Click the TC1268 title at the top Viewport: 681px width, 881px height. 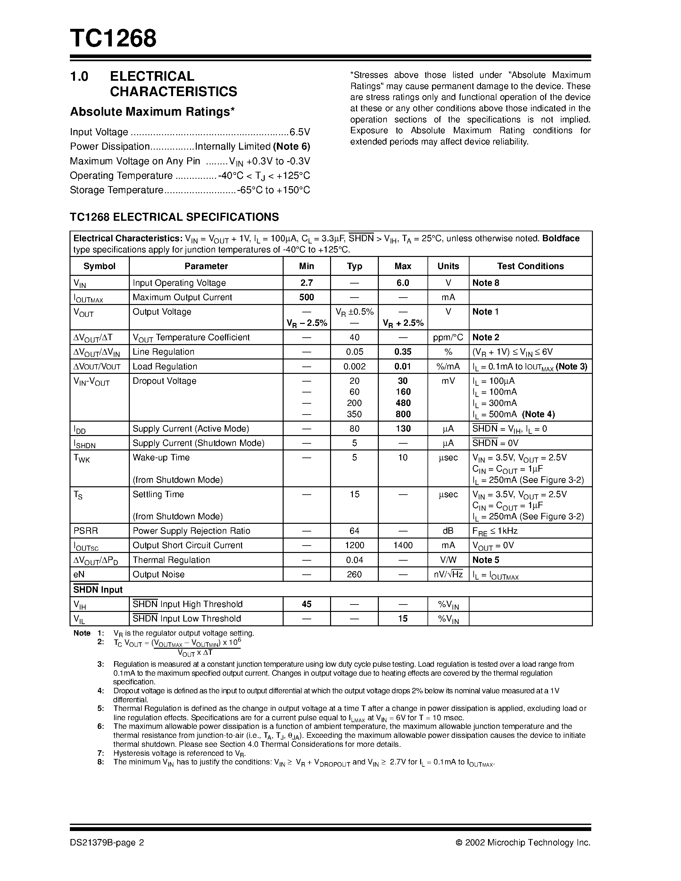pos(113,39)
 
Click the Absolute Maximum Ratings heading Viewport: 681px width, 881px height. pos(152,112)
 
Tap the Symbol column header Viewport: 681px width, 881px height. pos(99,266)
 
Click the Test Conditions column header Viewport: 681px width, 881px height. pos(530,266)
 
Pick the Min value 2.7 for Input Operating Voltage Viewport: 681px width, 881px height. pos(307,283)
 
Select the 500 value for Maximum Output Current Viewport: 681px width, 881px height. pos(307,297)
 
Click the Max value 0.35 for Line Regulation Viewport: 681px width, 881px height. pos(403,352)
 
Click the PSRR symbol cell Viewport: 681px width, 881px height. pos(86,531)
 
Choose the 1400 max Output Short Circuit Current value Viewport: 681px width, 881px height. pos(403,545)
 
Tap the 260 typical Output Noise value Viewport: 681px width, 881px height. pos(354,574)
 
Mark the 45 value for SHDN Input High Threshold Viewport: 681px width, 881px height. pos(307,604)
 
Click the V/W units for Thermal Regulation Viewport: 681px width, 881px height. pos(448,560)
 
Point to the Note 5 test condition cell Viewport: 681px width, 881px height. pos(486,560)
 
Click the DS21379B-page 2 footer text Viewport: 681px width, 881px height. pos(107,842)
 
